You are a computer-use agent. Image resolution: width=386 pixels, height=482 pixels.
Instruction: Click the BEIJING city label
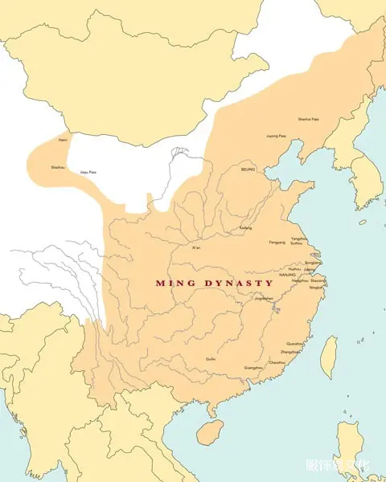coord(248,170)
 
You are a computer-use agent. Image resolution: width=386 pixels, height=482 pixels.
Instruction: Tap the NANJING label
coord(288,275)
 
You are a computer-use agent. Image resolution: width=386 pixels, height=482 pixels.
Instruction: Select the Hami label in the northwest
coord(63,141)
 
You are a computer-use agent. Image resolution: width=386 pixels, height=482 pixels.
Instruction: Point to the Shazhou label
coord(58,167)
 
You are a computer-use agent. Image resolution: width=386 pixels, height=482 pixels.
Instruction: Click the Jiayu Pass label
coord(88,172)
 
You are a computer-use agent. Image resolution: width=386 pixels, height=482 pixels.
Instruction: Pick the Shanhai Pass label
coord(309,119)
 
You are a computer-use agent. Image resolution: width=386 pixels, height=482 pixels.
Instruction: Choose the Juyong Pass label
coord(276,136)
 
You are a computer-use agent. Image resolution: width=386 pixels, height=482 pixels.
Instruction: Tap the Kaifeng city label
coord(245,227)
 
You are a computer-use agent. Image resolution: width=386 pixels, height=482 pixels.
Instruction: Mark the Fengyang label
coord(277,243)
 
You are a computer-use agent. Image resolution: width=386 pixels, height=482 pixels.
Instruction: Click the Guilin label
coord(211,358)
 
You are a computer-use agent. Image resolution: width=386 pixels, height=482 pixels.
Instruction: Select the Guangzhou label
coord(253,367)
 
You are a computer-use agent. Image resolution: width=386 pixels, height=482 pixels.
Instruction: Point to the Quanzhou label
coord(295,343)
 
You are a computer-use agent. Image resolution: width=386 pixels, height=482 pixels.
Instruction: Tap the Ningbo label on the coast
coord(316,287)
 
